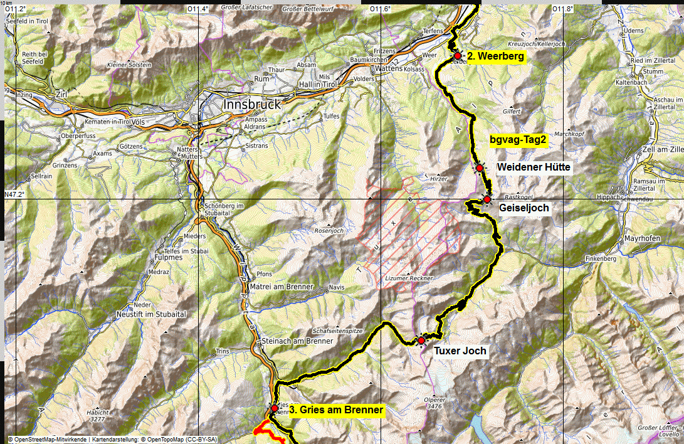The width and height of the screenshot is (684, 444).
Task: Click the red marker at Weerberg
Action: click(458, 56)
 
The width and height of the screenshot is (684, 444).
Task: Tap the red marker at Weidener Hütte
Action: click(479, 168)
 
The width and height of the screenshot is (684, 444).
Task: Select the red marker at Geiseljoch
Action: click(487, 199)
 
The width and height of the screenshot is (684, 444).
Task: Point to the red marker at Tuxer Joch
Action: click(421, 341)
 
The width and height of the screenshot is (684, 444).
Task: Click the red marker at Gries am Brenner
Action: click(274, 408)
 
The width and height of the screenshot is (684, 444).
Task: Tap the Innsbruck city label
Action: click(252, 104)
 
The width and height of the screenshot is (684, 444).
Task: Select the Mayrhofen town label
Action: click(643, 239)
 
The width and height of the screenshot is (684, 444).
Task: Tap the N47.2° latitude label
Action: click(14, 194)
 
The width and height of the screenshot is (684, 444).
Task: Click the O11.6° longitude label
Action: click(380, 9)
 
